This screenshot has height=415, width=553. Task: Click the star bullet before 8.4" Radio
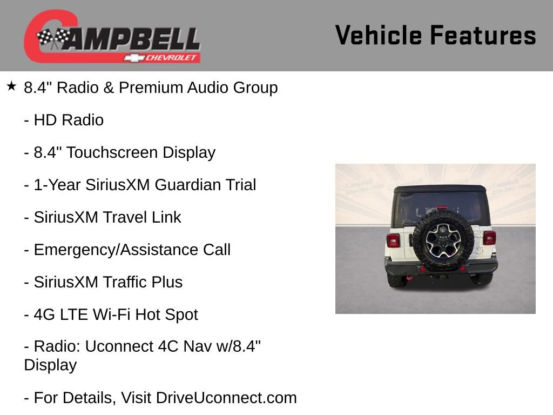coord(11,86)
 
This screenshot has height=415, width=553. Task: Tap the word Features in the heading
coord(483,35)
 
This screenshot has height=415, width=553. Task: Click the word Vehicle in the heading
coord(378,35)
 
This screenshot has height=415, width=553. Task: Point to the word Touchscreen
coord(109,153)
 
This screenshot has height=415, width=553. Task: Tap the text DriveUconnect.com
coord(226,398)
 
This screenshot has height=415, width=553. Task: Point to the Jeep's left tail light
coord(393,240)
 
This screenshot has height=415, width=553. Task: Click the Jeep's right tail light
coord(489,238)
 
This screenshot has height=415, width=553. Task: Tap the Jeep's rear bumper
coord(441,269)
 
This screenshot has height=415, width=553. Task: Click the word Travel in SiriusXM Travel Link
coord(124,218)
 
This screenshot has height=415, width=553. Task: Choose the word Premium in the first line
coord(151,88)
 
